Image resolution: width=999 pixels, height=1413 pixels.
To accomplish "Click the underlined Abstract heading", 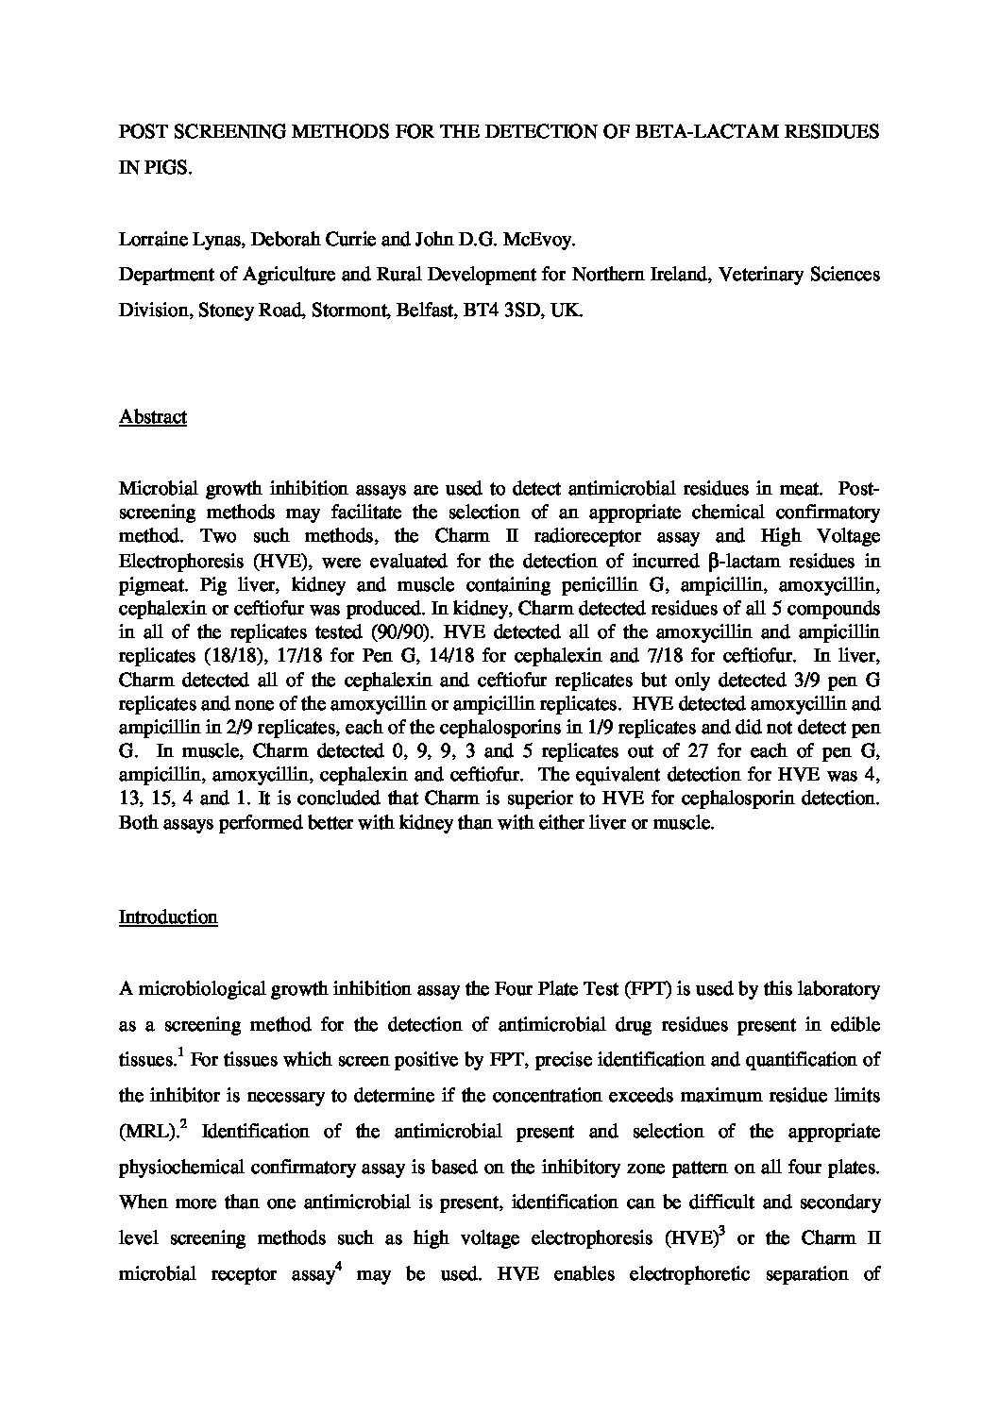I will [x=152, y=417].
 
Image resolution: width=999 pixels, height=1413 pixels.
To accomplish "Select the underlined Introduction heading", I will [x=168, y=917].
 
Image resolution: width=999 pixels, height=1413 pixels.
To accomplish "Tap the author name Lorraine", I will [x=151, y=240].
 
